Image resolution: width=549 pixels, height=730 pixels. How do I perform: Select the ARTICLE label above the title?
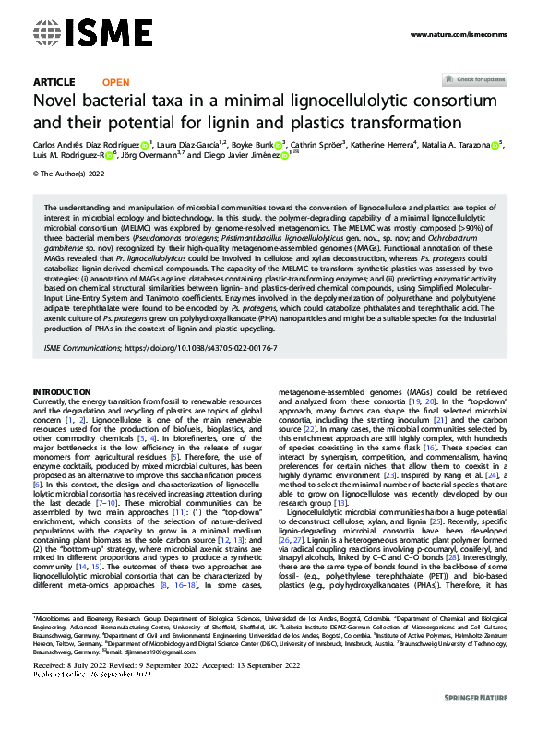click(x=54, y=82)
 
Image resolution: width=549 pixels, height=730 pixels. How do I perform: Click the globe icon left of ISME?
click(x=45, y=34)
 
